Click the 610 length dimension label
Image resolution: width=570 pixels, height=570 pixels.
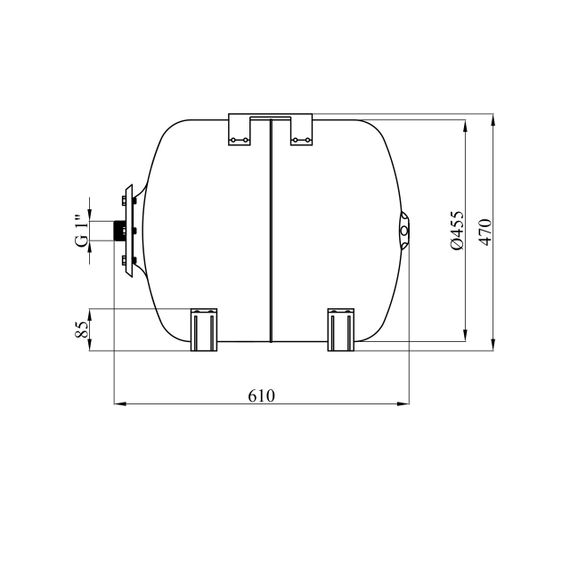[x=261, y=396]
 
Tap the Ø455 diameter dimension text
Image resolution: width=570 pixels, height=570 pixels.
[x=457, y=230]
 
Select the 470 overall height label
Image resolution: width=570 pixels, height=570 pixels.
[x=485, y=232]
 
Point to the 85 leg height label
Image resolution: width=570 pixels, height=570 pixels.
[x=82, y=330]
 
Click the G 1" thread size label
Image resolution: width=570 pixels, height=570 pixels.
[x=82, y=231]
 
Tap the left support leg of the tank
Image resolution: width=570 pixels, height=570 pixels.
[x=204, y=330]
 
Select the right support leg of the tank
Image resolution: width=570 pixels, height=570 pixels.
[x=341, y=330]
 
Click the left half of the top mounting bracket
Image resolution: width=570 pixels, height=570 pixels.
[x=240, y=129]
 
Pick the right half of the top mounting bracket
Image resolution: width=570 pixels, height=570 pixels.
[x=301, y=129]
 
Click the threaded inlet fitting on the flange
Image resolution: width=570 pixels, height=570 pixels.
[x=119, y=231]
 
